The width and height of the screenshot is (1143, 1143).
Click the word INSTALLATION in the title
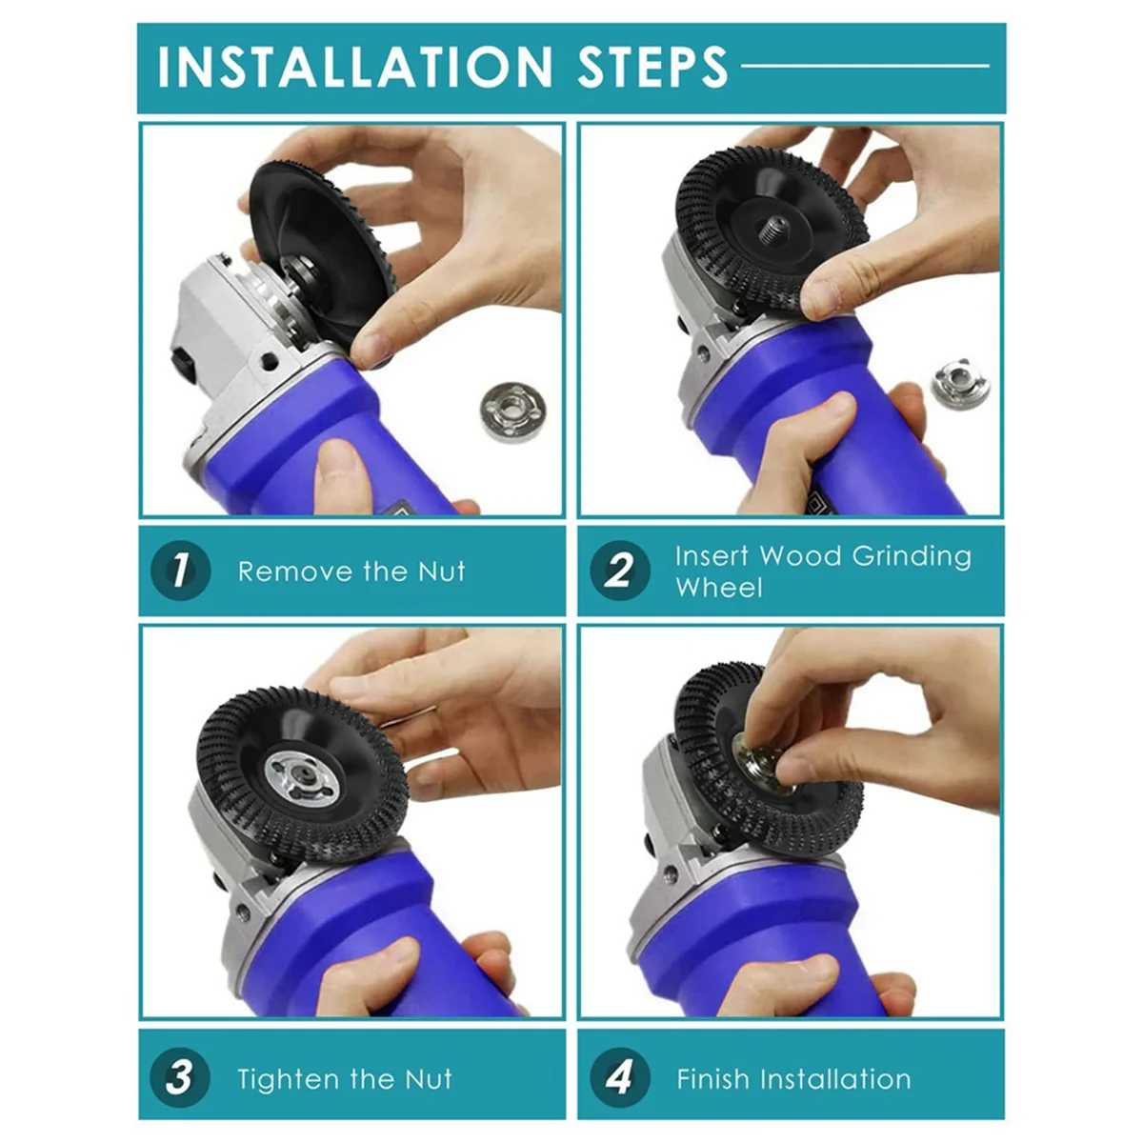click(355, 67)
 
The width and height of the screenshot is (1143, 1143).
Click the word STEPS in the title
click(652, 67)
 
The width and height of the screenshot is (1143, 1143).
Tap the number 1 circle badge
click(180, 571)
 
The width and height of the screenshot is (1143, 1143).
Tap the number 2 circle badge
click(620, 571)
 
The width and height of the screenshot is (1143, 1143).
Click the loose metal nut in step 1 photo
click(512, 411)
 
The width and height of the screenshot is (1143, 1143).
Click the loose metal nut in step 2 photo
click(960, 384)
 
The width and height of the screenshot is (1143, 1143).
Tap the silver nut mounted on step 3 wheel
click(303, 778)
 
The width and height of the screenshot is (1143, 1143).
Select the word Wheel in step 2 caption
click(718, 588)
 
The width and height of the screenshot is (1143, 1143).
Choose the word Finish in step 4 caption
click(711, 1079)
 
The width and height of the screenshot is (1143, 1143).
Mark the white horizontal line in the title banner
click(865, 66)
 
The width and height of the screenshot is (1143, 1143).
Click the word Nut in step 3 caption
click(429, 1078)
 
